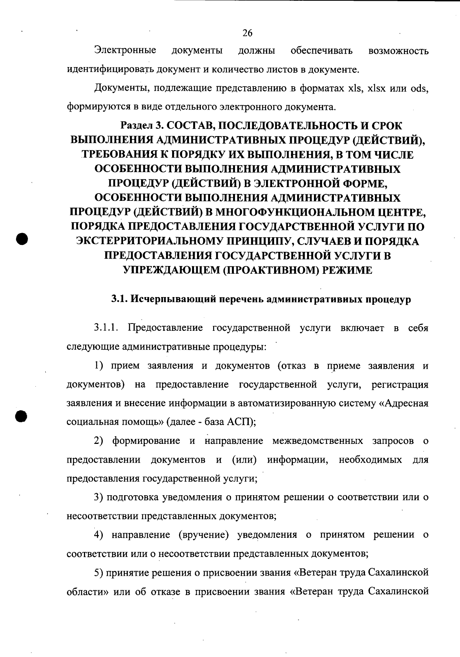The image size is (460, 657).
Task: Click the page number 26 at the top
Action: coord(247,33)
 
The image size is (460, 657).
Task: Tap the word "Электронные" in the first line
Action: coord(125,50)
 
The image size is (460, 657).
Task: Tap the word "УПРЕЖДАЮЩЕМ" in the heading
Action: coord(171,270)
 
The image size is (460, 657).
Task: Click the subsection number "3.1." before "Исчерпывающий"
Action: coord(120,299)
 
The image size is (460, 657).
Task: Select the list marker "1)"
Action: coord(99,366)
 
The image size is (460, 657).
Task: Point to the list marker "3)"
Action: coord(99,498)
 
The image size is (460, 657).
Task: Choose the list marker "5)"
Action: coord(99,573)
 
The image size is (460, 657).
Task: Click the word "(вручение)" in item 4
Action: coord(204,535)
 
